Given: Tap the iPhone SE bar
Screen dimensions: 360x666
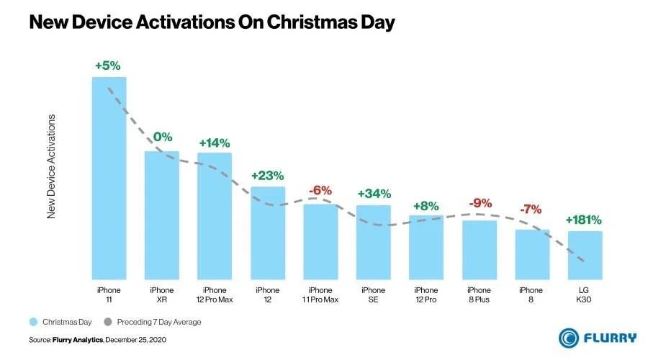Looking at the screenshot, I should [374, 242].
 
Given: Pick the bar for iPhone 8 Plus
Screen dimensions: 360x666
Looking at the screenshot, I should [480, 250].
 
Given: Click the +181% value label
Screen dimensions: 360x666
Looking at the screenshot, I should [583, 220].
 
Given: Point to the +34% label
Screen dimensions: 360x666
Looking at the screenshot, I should [374, 194].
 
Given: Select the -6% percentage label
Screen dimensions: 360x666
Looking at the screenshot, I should [320, 191].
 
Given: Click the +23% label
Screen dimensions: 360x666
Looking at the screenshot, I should [267, 175].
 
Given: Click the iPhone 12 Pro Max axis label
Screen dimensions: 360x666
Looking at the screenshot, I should [215, 294].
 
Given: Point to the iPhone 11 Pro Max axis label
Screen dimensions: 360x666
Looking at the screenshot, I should [320, 294].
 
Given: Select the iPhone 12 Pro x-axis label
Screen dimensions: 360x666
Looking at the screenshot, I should [426, 294].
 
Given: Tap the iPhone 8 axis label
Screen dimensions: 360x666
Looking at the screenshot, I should [532, 294].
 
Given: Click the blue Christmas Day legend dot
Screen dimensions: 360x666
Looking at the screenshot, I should [33, 322].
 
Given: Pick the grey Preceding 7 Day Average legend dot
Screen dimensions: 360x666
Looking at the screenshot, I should [108, 322].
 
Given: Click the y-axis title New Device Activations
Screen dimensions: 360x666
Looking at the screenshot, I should [51, 166].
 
